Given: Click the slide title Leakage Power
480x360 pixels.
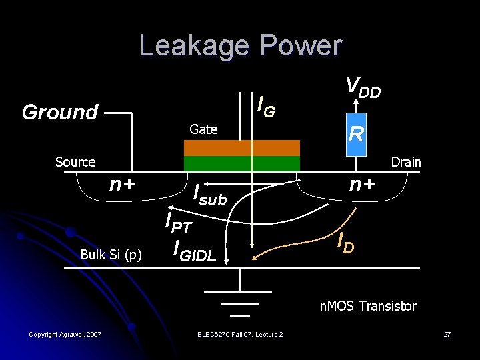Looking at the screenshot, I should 240,45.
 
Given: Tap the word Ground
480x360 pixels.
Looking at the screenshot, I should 60,112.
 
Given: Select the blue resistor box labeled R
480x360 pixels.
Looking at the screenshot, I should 356,135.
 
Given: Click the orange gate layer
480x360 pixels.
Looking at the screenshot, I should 241,147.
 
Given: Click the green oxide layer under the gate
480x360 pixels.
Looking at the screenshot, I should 241,163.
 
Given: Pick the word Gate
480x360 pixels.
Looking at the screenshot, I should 203,129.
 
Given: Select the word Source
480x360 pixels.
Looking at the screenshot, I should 75,162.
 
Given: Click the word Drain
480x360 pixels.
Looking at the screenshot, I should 405,162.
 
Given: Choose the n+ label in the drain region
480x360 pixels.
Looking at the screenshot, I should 362,184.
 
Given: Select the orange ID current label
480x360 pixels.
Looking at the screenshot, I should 345,243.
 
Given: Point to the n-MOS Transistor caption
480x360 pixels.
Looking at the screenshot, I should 368,306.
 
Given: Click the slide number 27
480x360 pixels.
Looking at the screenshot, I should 447,333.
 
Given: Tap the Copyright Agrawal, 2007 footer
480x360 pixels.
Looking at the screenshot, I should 65,333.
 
